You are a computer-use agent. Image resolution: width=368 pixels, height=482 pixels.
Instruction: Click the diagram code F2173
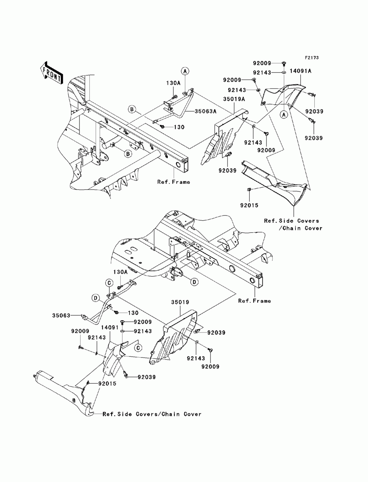[x=311, y=58]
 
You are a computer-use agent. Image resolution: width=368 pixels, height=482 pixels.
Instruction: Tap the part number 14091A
[x=300, y=71]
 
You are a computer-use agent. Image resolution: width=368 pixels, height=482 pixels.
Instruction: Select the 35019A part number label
[x=234, y=99]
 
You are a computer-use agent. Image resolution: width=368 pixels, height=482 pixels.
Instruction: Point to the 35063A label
[x=205, y=111]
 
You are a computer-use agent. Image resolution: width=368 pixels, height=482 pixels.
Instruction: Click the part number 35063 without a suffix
[x=61, y=316]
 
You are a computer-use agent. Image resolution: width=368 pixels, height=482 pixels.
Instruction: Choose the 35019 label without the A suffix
[x=180, y=302]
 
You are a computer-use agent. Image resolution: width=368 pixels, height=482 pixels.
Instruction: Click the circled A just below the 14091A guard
[x=284, y=115]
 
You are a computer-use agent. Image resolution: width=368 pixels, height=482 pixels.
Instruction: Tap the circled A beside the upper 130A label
[x=185, y=71]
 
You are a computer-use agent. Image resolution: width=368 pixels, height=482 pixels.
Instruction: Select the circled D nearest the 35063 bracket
[x=96, y=298]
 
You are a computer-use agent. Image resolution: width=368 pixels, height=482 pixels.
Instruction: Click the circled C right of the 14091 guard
[x=138, y=348]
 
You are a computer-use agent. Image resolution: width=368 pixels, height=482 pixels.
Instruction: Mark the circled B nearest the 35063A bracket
[x=132, y=109]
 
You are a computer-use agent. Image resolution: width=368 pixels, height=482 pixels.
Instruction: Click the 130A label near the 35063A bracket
[x=173, y=83]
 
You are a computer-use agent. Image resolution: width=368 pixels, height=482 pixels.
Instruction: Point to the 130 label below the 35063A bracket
[x=179, y=127]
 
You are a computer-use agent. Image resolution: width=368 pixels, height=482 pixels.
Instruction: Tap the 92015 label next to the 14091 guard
[x=107, y=384]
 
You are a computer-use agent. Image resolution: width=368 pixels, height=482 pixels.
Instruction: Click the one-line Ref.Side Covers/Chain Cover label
[x=152, y=414]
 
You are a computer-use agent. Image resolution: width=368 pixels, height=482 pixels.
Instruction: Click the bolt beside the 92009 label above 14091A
[x=283, y=63]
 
